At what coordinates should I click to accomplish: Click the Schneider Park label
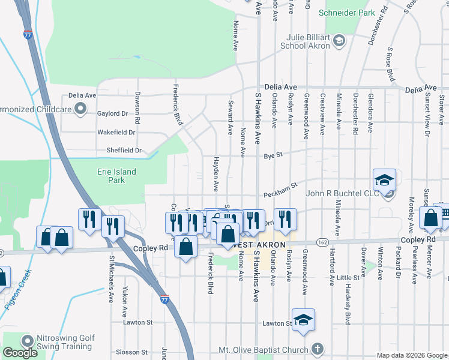pyautogui.click(x=347, y=12)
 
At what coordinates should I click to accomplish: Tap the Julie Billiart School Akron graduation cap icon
pyautogui.click(x=339, y=41)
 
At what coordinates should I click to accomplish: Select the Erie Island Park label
pyautogui.click(x=116, y=175)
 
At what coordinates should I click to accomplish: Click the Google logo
pyautogui.click(x=20, y=353)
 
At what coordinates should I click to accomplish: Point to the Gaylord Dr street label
pyautogui.click(x=112, y=113)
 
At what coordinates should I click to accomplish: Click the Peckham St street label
pyautogui.click(x=280, y=193)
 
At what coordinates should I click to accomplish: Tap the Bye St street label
pyautogui.click(x=273, y=157)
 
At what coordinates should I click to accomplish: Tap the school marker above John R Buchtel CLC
pyautogui.click(x=384, y=179)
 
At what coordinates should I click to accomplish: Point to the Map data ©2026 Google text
pyautogui.click(x=412, y=355)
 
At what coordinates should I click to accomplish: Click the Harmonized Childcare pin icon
pyautogui.click(x=79, y=109)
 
